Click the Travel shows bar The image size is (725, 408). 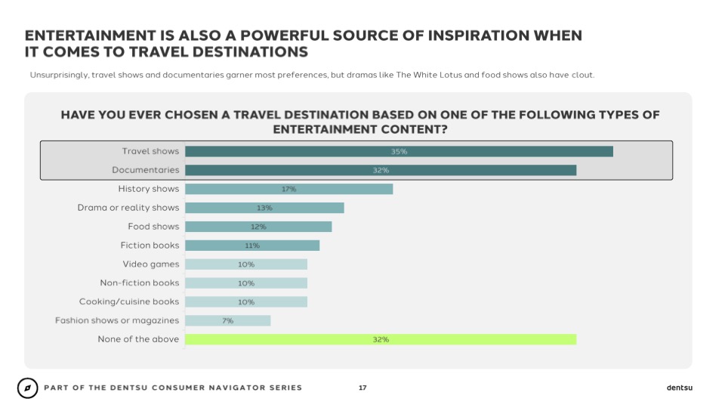pyautogui.click(x=399, y=151)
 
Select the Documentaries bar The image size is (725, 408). pyautogui.click(x=381, y=170)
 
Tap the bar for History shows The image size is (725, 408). pyautogui.click(x=288, y=189)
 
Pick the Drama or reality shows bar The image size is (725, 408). pyautogui.click(x=264, y=208)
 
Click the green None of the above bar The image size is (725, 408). pyautogui.click(x=381, y=339)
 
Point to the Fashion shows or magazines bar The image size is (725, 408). pyautogui.click(x=227, y=320)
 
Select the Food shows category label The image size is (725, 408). pyautogui.click(x=153, y=227)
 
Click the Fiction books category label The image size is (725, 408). pyautogui.click(x=150, y=245)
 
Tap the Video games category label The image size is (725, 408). pyautogui.click(x=151, y=264)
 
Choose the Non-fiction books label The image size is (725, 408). pyautogui.click(x=140, y=283)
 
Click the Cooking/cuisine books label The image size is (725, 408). pyautogui.click(x=129, y=301)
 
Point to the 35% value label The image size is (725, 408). pyautogui.click(x=399, y=151)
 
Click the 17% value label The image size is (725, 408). pyautogui.click(x=288, y=189)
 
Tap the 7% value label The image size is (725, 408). pyautogui.click(x=227, y=320)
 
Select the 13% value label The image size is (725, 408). pyautogui.click(x=264, y=208)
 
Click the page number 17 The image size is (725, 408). pyautogui.click(x=362, y=388)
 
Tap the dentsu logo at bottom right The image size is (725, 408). pyautogui.click(x=679, y=388)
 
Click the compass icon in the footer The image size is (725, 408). pyautogui.click(x=27, y=388)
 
